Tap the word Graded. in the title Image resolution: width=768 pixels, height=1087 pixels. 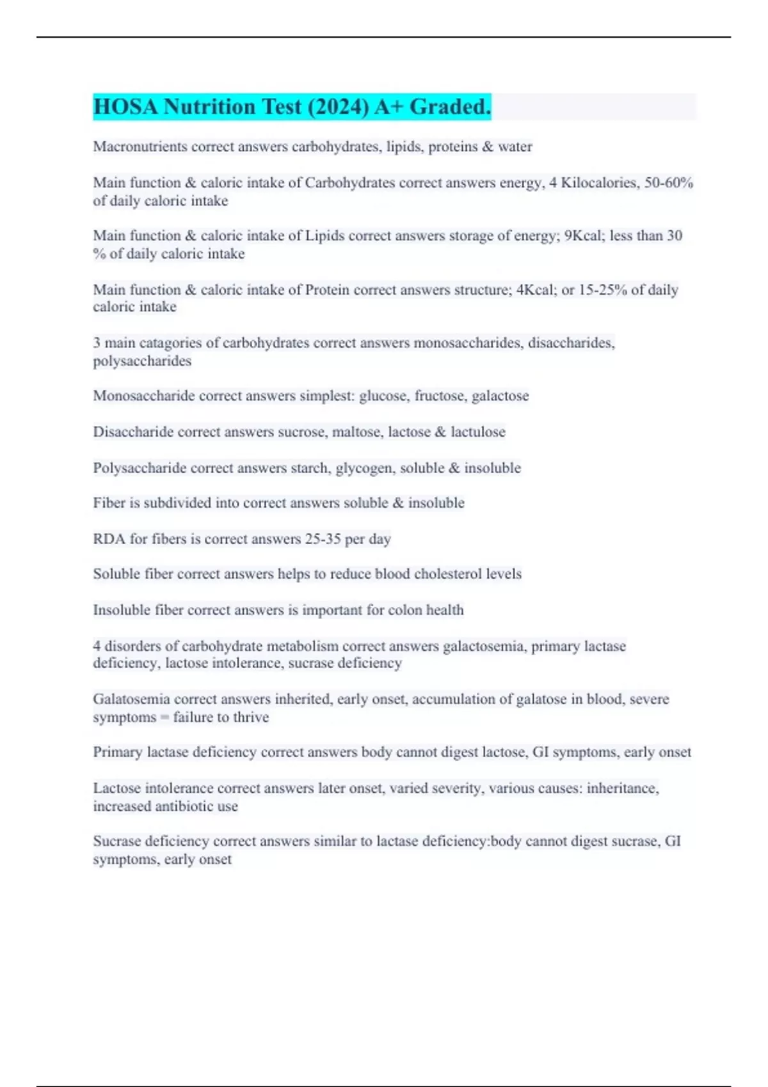451,107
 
